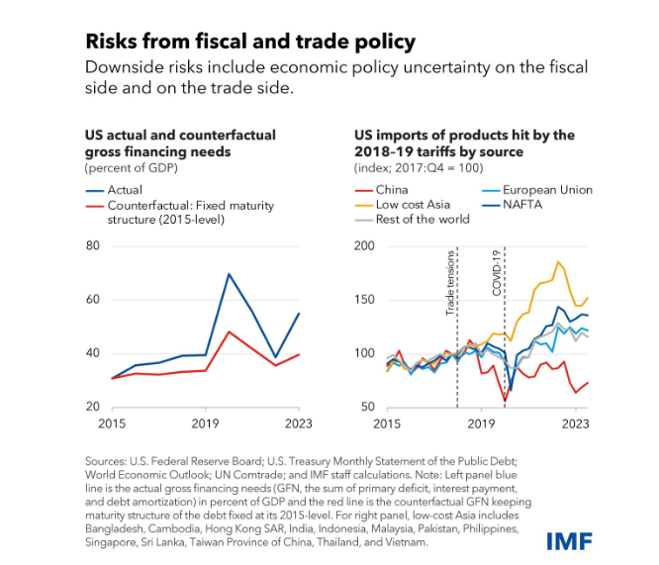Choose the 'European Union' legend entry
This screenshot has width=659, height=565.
point(546,189)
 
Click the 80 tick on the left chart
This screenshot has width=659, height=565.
point(93,244)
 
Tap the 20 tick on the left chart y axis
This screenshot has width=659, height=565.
point(93,407)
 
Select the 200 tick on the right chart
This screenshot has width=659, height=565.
point(365,244)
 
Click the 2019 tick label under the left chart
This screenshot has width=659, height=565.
point(204,424)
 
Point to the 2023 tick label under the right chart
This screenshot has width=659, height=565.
point(577,424)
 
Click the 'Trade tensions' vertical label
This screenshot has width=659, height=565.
point(449,282)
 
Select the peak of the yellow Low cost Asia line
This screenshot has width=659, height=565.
point(559,262)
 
